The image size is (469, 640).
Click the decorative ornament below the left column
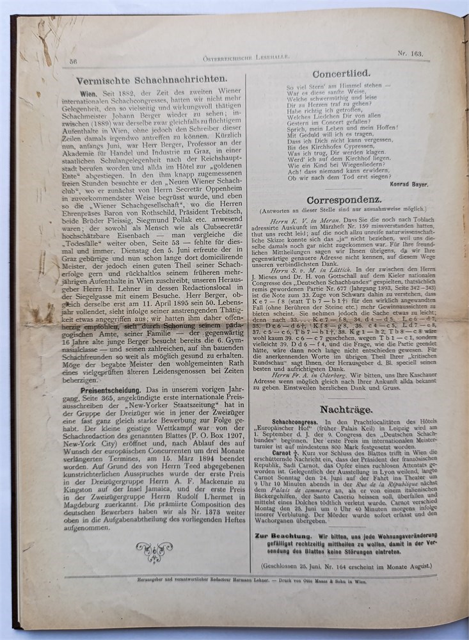coord(154,549)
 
